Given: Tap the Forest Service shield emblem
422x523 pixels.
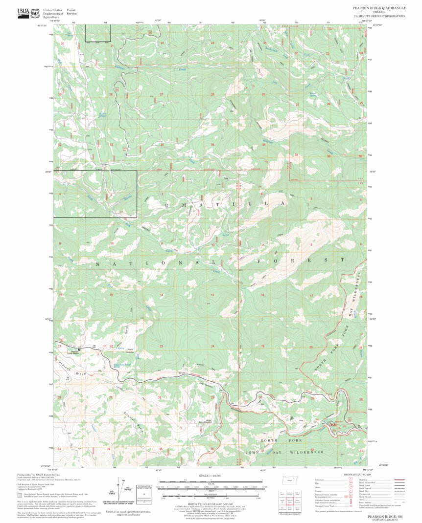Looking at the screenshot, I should click(35, 13).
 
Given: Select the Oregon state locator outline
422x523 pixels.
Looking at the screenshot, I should click(288, 480).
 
